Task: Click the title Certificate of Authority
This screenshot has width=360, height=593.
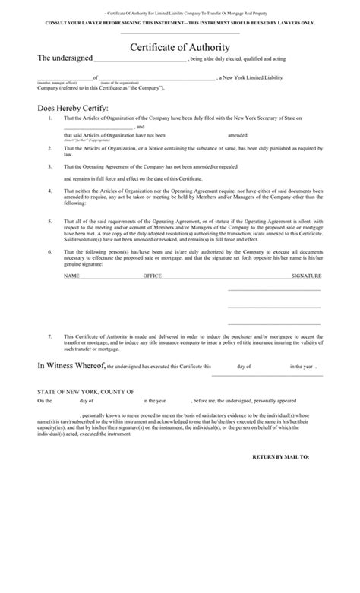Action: click(x=180, y=47)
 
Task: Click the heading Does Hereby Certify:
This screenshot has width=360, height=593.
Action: click(x=73, y=108)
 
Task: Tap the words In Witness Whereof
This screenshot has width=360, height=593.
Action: click(x=71, y=366)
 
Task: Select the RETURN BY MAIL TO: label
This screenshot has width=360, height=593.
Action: click(x=281, y=458)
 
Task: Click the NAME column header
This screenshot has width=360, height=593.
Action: click(x=71, y=276)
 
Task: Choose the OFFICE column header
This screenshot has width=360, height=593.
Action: click(x=153, y=276)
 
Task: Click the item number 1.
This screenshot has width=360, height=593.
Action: click(x=49, y=119)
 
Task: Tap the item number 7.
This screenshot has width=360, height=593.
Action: click(x=49, y=335)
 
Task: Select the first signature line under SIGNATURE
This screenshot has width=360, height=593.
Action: click(x=274, y=289)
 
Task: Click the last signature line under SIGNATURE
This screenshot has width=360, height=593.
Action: click(x=274, y=323)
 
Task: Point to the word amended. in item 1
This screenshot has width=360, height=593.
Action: click(x=228, y=134)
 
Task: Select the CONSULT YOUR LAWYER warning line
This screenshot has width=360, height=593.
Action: click(x=180, y=23)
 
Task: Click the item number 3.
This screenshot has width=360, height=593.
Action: click(x=49, y=166)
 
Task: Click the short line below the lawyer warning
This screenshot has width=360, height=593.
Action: click(x=180, y=33)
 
